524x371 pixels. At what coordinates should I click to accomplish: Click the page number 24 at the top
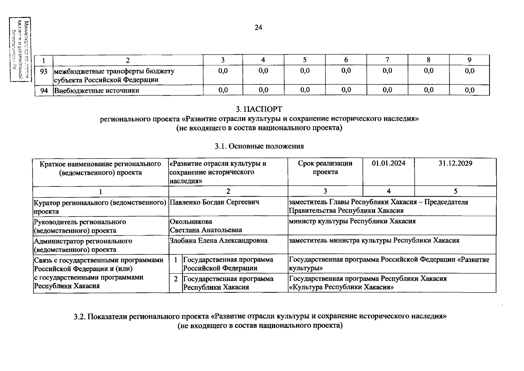258,28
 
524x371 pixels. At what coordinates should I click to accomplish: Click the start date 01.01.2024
389,163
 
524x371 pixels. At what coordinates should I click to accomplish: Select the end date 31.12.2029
455,163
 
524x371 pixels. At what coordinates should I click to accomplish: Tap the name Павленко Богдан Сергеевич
214,202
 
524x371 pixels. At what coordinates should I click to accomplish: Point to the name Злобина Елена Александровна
218,241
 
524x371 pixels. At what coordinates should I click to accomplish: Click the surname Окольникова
191,222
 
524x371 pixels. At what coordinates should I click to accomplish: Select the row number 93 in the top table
44,71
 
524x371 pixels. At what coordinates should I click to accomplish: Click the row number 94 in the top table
44,91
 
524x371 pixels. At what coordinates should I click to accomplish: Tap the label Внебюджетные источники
97,91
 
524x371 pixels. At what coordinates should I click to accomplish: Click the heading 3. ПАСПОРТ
259,109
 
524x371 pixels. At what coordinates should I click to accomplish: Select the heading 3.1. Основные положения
259,146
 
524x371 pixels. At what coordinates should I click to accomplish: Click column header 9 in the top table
469,60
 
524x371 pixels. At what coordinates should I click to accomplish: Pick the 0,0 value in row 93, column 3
223,71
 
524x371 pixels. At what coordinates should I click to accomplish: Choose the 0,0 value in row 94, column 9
469,90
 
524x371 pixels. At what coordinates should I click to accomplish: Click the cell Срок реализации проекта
325,168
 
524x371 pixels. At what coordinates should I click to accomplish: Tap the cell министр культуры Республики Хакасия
352,221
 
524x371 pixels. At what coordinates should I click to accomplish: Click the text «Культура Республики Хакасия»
341,287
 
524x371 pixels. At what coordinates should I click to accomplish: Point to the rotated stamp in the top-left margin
20,49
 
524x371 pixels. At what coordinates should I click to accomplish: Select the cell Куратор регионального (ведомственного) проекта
100,207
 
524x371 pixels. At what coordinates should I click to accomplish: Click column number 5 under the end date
455,191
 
